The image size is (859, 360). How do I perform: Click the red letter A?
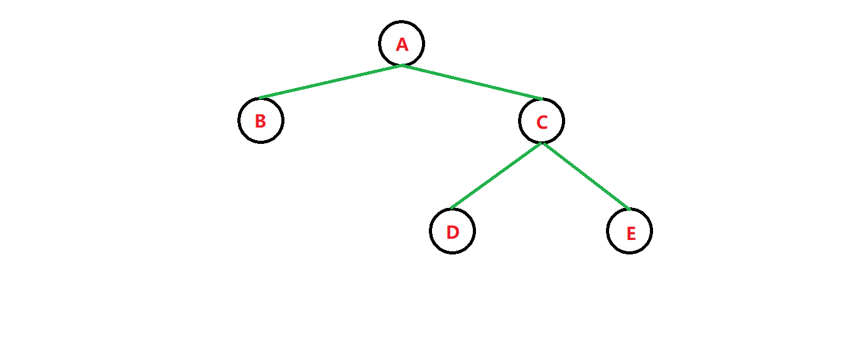(402, 45)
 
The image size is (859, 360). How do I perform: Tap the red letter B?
(261, 121)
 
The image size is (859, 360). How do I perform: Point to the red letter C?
(542, 122)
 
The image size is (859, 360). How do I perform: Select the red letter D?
(453, 232)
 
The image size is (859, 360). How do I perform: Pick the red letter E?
(631, 234)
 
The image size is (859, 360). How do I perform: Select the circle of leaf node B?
(239, 120)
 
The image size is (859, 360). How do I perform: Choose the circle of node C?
(563, 121)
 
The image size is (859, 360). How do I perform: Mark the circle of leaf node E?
(651, 231)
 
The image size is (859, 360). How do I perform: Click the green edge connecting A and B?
(331, 82)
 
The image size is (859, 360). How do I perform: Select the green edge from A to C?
(472, 82)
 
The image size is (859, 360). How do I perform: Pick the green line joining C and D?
(496, 176)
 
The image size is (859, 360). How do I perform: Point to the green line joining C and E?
(586, 176)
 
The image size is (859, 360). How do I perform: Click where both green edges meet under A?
(402, 65)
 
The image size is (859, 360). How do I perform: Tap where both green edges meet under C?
(542, 143)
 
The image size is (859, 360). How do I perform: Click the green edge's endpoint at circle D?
(451, 209)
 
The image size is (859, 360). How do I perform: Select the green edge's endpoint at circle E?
(629, 209)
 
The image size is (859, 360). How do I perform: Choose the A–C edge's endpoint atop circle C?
(541, 99)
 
